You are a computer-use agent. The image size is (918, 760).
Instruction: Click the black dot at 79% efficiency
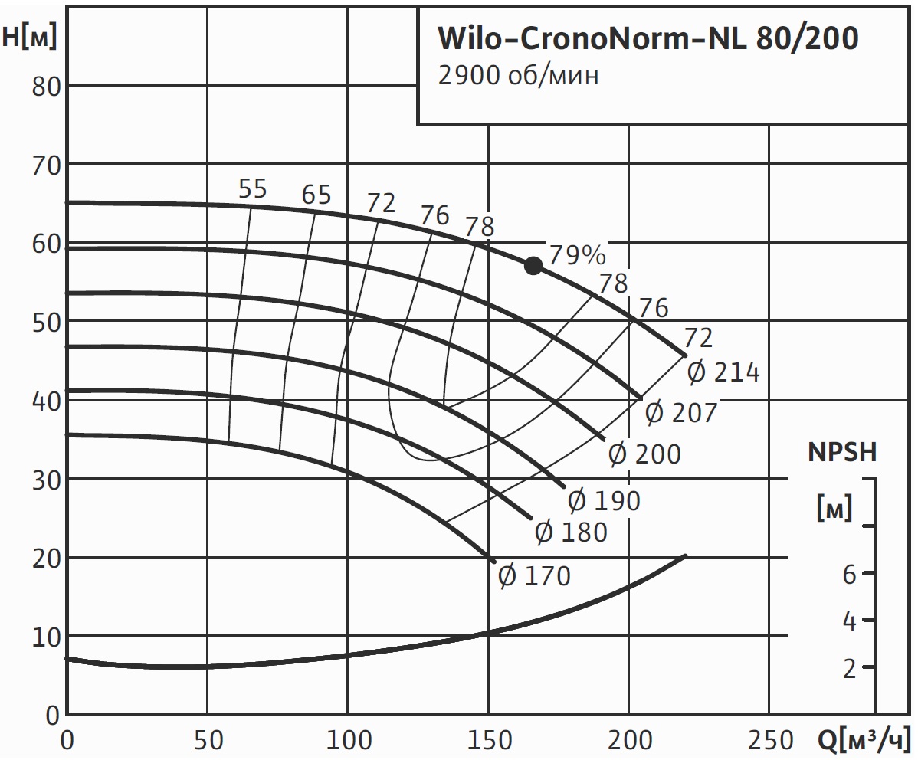(x=533, y=266)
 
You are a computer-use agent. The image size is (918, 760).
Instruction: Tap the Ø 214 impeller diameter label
(x=723, y=373)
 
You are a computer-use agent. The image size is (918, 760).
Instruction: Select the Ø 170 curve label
(x=535, y=575)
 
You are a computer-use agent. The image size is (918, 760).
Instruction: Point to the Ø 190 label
(x=604, y=501)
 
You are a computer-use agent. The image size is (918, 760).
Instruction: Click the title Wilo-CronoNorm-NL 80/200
(x=648, y=38)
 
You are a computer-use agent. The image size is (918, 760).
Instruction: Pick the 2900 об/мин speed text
(x=518, y=76)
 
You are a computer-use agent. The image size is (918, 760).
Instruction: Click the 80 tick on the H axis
(x=46, y=86)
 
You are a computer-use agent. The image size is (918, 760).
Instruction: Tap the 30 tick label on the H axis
(x=46, y=480)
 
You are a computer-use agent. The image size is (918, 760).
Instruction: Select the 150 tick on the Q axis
(x=489, y=740)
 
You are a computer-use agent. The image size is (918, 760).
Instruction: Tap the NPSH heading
(x=842, y=452)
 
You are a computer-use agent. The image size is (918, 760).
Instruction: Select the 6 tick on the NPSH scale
(x=849, y=574)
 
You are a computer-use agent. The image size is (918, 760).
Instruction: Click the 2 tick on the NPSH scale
(x=849, y=669)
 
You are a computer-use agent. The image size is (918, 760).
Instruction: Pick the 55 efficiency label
(x=252, y=188)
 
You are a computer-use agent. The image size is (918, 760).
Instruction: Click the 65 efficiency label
(x=316, y=195)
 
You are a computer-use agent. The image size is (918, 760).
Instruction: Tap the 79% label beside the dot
(x=577, y=254)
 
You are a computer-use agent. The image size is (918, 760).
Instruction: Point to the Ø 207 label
(x=680, y=413)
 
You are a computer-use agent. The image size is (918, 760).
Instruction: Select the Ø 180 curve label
(x=571, y=532)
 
